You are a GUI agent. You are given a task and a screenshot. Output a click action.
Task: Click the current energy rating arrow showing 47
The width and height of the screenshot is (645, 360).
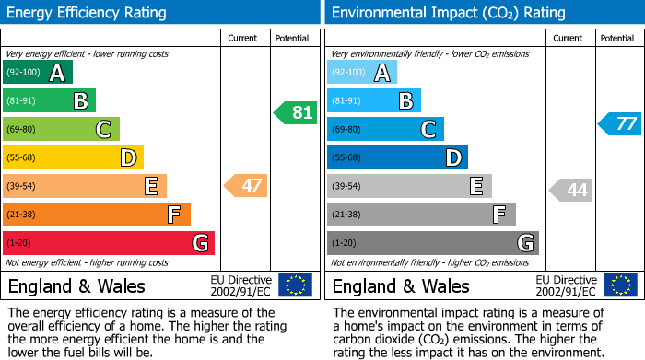coord(246,186)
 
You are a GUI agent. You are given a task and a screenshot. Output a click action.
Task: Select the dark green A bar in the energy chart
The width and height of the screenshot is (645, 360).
coord(37,73)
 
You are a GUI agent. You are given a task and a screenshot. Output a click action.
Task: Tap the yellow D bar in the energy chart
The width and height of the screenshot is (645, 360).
coord(73,158)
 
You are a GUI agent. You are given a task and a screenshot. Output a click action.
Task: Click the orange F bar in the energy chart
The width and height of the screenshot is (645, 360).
coord(97,215)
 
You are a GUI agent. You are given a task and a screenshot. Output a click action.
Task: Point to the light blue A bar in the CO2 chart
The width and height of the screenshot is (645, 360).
coord(361,73)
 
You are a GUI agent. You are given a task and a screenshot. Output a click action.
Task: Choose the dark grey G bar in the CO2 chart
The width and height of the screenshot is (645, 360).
coord(432,243)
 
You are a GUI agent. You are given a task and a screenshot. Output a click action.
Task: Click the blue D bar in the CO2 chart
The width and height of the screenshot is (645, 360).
coord(397,158)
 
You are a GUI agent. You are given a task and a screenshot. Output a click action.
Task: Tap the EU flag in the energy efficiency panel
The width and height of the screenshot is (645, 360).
coord(295,285)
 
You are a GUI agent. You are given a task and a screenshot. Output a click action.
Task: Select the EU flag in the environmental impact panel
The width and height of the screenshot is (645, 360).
coord(620,285)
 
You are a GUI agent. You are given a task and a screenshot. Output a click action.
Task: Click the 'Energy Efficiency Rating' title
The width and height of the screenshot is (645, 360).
coord(88,13)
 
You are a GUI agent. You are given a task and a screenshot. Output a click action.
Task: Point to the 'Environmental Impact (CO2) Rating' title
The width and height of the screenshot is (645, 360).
coord(448,13)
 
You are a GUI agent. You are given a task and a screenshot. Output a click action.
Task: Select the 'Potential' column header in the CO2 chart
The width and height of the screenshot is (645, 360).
coord(616,38)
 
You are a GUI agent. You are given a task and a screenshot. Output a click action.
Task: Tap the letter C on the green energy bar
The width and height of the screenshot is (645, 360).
coord(104,130)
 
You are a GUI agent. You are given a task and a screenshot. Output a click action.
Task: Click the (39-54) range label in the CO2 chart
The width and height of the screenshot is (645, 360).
coord(347,186)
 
